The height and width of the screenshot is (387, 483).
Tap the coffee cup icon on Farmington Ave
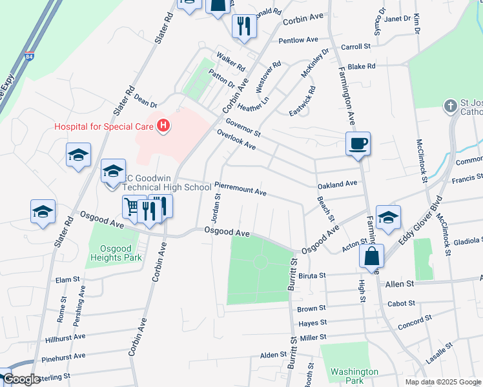click(358, 143)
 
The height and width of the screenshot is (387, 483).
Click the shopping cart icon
click(132, 207)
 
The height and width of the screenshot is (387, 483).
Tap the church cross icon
click(451, 105)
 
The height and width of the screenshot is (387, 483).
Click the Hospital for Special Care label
click(103, 126)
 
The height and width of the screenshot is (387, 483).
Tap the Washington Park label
click(354, 376)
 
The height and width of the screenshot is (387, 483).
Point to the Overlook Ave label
click(236, 139)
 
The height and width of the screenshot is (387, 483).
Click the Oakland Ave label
click(337, 184)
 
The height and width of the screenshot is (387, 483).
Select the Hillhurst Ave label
click(65, 337)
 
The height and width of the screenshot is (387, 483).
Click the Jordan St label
click(216, 208)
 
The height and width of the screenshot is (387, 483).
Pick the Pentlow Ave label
click(300, 40)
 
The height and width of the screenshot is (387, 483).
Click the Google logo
click(23, 379)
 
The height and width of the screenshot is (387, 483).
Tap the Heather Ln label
click(252, 101)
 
